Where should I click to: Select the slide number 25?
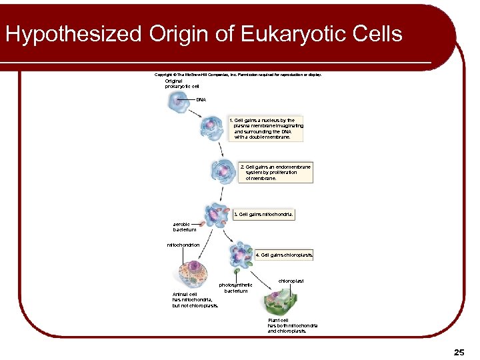tap(459, 351)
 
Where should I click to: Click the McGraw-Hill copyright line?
tap(238, 75)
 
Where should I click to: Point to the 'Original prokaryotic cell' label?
tap(182, 84)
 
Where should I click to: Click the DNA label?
tap(201, 99)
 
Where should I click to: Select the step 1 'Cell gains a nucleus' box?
tap(265, 129)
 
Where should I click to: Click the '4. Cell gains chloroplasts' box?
tap(284, 255)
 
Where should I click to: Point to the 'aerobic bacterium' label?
tap(185, 227)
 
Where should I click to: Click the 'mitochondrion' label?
tap(183, 245)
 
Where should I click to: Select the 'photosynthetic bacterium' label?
tap(236, 288)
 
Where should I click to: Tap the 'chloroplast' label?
tap(291, 281)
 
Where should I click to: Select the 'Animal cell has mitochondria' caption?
tap(195, 300)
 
